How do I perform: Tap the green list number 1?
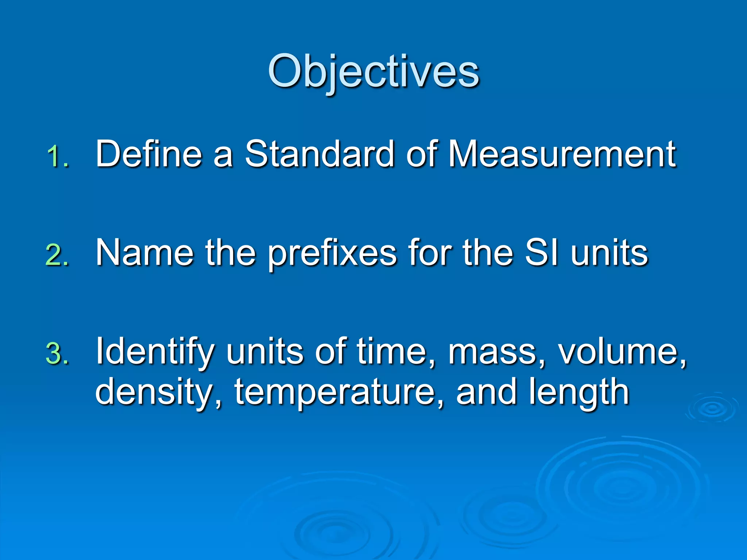pos(58,157)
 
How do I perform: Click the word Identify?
pos(155,352)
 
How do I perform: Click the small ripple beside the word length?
pos(712,408)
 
